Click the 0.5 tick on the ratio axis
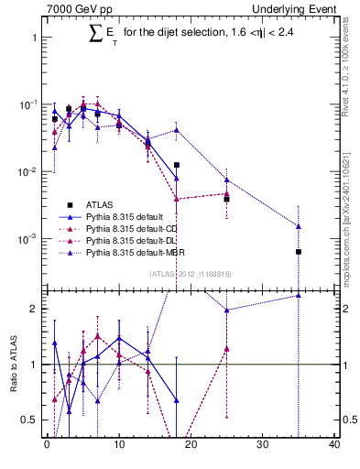[x=33, y=420]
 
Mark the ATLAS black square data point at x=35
[x=299, y=251]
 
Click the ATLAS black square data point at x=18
[x=177, y=165]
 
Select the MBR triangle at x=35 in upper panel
[x=299, y=226]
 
